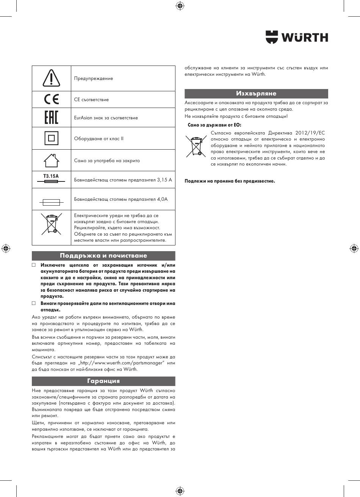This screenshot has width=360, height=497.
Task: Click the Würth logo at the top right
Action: pos(297,37)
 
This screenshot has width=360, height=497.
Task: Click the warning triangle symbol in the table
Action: pos(51,78)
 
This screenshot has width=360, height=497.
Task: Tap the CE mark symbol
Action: pos(51,100)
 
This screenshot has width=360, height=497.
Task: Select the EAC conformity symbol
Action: pos(51,117)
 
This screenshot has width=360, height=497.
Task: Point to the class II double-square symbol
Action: pos(51,138)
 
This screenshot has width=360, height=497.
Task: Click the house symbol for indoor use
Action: pos(51,160)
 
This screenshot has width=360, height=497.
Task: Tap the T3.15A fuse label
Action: pos(51,176)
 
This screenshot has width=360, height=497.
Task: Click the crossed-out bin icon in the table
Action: pos(51,223)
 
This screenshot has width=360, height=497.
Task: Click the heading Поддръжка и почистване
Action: pos(103,256)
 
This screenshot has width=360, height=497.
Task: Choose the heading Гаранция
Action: pos(103,381)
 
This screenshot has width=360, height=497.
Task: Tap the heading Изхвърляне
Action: pos(256,94)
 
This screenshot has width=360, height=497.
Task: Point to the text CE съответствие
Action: pos(91,100)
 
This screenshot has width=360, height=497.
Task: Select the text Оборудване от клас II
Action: pos(99,139)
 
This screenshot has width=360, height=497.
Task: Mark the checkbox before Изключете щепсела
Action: pos(34,265)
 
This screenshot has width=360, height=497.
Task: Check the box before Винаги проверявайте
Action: pos(34,303)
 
